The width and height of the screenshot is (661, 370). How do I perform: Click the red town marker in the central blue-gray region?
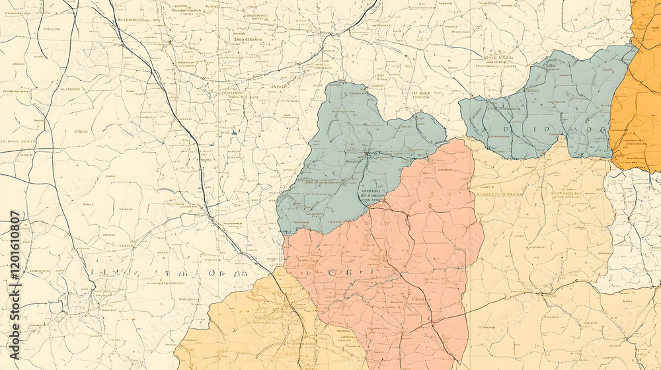click(x=366, y=153)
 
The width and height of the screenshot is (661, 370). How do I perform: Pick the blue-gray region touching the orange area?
click(x=549, y=106)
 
